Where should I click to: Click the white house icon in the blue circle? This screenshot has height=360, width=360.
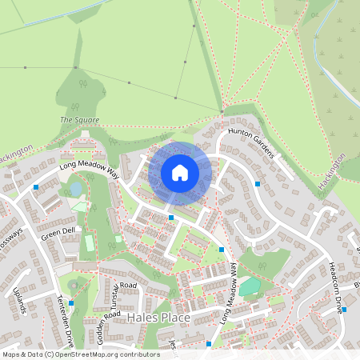point(180,173)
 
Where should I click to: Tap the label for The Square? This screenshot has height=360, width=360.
point(80,120)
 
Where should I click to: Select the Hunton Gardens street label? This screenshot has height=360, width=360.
point(250,142)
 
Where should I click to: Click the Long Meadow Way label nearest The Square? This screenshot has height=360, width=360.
point(89,169)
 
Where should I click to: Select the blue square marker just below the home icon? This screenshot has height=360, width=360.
point(171,217)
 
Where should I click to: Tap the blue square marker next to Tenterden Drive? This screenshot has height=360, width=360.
point(71,303)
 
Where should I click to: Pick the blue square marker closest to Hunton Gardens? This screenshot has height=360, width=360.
point(258,184)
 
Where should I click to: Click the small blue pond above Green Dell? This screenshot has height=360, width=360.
point(76,189)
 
